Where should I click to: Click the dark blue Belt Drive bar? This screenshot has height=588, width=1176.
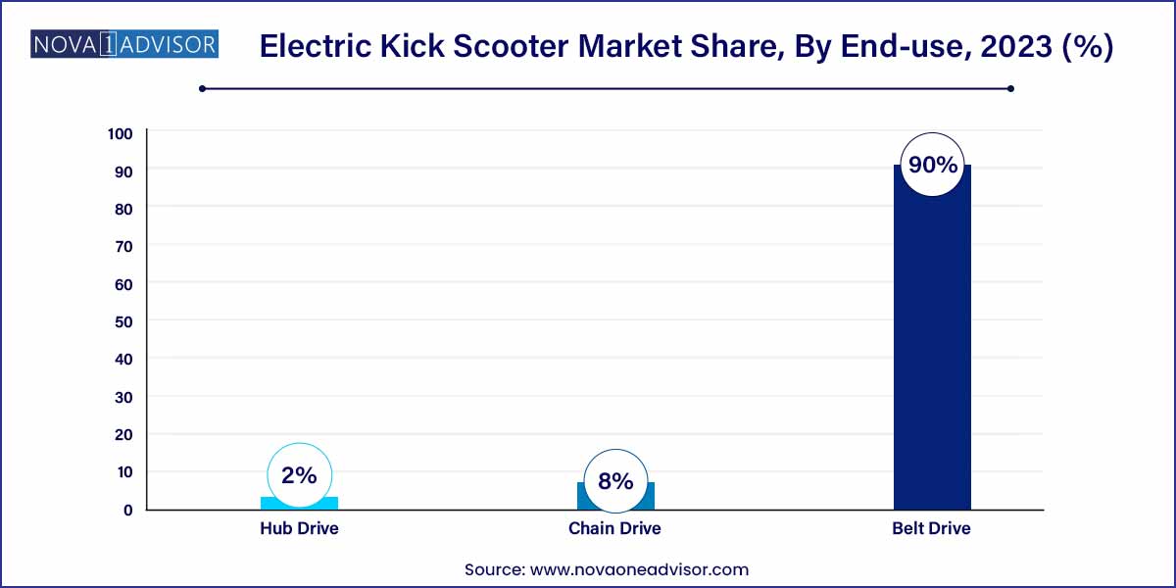pos(932,347)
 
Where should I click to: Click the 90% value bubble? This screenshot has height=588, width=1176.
pos(932,165)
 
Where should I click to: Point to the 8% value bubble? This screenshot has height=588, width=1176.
pos(615,481)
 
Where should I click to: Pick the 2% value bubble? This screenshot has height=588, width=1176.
pos(299,475)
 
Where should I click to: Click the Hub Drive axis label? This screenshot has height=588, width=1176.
pos(299,528)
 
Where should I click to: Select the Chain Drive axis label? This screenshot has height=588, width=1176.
pos(614,528)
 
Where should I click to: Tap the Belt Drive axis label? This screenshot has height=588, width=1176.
pos(931,528)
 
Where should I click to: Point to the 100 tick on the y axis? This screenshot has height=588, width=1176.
pos(121,134)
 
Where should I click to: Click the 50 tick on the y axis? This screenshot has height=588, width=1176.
pos(123,321)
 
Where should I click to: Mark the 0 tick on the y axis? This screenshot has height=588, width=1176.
pos(128,510)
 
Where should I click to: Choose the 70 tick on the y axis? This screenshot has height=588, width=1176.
pos(123,247)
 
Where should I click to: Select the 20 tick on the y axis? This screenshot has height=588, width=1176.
pos(123,435)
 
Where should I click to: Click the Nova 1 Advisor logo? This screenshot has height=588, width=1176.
pos(124,44)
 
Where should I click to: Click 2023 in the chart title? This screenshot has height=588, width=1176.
pos(1016,46)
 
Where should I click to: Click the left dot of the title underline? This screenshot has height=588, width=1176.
pos(202,89)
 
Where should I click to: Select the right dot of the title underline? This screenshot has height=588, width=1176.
pos(1010,89)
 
